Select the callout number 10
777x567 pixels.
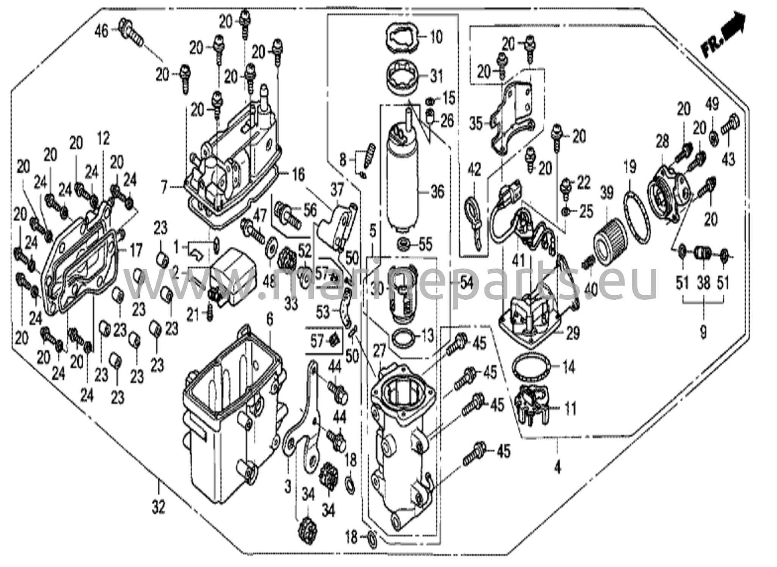coord(437,37)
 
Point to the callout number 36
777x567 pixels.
coord(437,192)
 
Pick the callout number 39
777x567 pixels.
coord(606,193)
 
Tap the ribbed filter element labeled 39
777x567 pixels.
coord(608,237)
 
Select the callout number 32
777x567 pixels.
coord(159,507)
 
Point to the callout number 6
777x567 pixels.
coord(269,320)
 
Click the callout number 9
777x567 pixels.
coord(703,333)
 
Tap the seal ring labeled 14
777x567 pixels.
coord(531,368)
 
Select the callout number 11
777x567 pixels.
coord(570,409)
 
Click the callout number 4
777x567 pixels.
coord(557,468)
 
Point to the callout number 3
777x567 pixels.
coord(288,486)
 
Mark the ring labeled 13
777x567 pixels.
coord(403,338)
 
